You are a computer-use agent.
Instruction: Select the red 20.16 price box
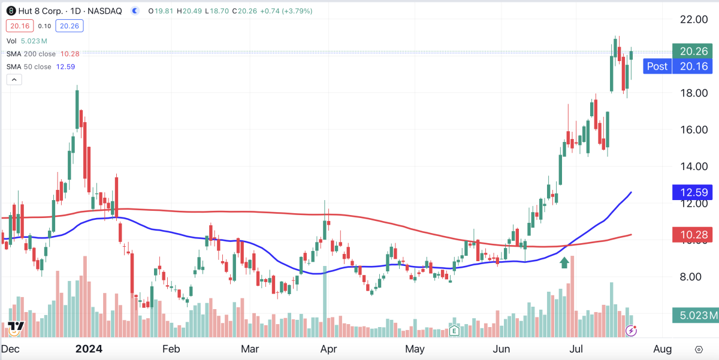click(x=19, y=26)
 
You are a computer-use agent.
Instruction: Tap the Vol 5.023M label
click(x=26, y=41)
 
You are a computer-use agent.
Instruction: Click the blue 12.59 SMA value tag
click(x=691, y=193)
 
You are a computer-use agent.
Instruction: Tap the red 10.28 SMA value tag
click(x=691, y=235)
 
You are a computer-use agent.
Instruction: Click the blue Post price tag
click(x=657, y=66)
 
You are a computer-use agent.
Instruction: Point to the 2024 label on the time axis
click(x=89, y=349)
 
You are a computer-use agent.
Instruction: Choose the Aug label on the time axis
click(x=661, y=349)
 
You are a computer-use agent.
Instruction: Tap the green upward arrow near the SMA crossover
click(x=564, y=262)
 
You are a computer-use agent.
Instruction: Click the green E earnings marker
click(x=454, y=330)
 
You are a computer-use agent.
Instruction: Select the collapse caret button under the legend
click(x=14, y=80)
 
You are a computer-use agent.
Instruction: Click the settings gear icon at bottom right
click(x=699, y=349)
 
